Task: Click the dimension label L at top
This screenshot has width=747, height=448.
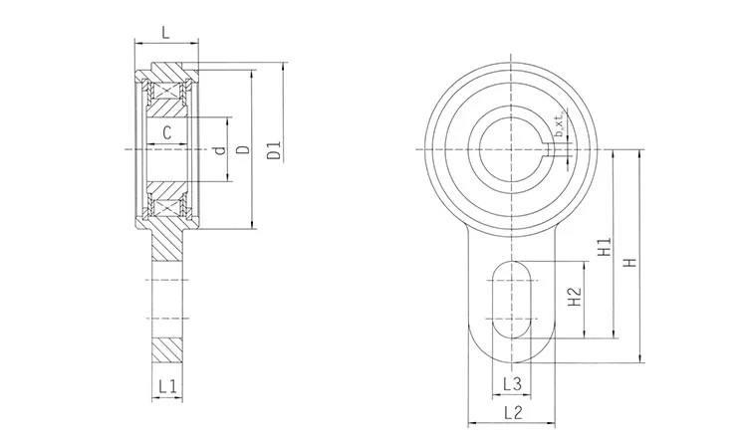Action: (165, 32)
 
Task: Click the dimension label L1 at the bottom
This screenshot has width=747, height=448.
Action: (166, 384)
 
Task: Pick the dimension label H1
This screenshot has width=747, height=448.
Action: (603, 249)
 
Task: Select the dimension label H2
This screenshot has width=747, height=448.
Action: (573, 297)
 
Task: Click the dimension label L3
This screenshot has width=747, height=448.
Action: (511, 383)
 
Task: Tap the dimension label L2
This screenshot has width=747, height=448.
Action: (511, 411)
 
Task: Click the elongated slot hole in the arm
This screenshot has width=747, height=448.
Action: (511, 299)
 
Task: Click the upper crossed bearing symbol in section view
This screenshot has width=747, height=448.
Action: (165, 90)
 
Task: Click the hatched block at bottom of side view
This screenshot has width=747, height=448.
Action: (166, 347)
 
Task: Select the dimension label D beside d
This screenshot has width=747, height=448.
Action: (243, 150)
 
